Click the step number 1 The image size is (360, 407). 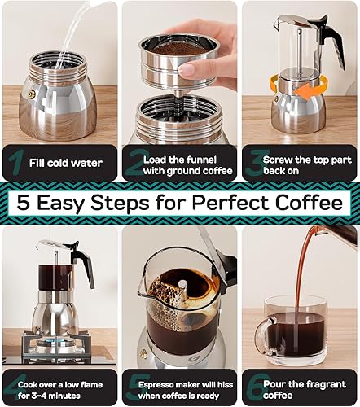point(14,162)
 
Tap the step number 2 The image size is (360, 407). point(134,162)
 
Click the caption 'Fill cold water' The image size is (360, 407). point(64,162)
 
